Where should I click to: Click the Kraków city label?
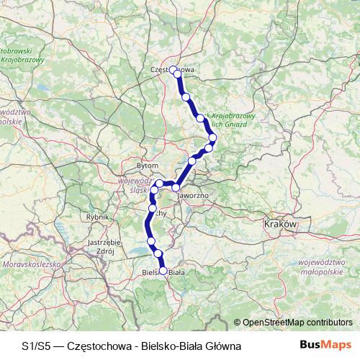point(281,225)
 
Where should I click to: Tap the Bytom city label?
point(147,165)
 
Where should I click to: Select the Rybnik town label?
point(96,216)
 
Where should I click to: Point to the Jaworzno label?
point(194,194)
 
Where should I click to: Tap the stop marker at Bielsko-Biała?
point(163,271)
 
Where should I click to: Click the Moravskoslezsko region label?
point(32,265)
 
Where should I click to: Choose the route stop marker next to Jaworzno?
point(176,187)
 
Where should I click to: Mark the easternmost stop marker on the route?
point(213,138)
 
